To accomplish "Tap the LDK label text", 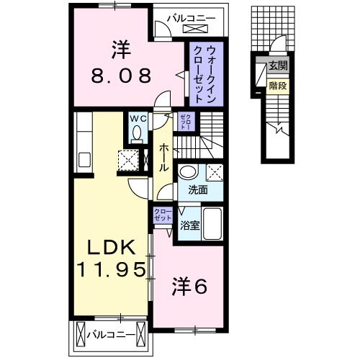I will point(112,247).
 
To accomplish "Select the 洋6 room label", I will point(189,286).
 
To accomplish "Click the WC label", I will point(137,119).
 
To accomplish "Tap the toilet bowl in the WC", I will point(136,134).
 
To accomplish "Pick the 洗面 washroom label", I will point(198,191).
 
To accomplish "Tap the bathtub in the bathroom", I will point(212,223).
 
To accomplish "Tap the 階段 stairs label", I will point(277,84).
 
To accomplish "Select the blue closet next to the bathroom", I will point(162,214).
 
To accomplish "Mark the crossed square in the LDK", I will point(130,158).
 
